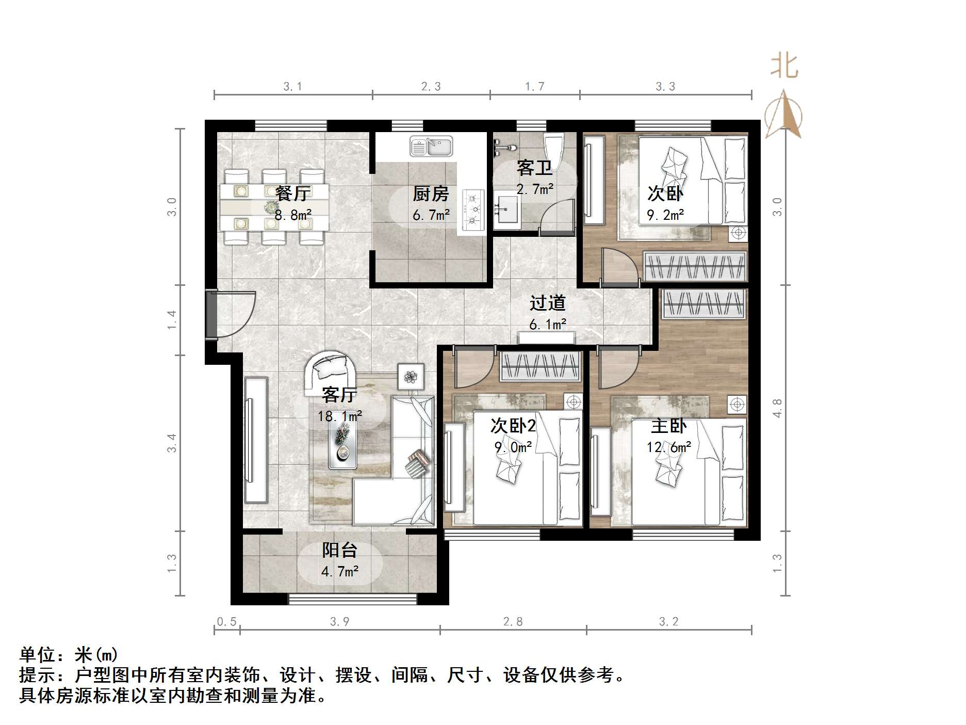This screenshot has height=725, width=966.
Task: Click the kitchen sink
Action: coord(431,146)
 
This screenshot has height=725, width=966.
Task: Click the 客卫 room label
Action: coord(534,168)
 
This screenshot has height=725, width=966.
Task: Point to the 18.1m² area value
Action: coord(339,416)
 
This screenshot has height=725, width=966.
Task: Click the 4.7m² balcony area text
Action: coord(339,572)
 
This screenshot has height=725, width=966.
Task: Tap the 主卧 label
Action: coord(668,426)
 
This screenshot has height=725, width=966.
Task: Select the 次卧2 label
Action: coord(513,426)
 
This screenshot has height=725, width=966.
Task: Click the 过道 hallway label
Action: coord(547,303)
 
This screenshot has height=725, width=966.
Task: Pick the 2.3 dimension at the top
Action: coord(431,87)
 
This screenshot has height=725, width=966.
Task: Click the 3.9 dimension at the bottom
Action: coord(339,622)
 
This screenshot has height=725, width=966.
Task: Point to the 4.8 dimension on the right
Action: coord(778,408)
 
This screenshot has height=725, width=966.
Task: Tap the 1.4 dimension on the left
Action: coord(172,320)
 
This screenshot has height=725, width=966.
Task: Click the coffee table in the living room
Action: coord(342,446)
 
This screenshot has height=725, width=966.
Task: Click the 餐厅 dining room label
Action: coord(292,194)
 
